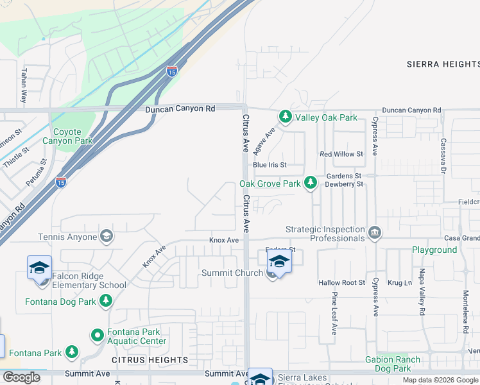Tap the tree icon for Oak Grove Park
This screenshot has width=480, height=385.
pyautogui.click(x=311, y=184)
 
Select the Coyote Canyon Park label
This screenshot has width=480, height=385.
pyautogui.click(x=67, y=136)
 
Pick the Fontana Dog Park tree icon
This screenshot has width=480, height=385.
pyautogui.click(x=106, y=301)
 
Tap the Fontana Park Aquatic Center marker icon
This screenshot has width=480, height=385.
pyautogui.click(x=97, y=335)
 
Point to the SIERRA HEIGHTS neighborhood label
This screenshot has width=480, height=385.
pyautogui.click(x=443, y=64)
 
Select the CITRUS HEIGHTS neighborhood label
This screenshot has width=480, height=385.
pyautogui.click(x=150, y=360)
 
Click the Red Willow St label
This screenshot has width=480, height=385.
pyautogui.click(x=341, y=154)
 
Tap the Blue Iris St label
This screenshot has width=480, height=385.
pyautogui.click(x=270, y=165)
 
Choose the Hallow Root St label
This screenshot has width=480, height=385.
pyautogui.click(x=341, y=282)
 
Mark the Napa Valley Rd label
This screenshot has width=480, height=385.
pyautogui.click(x=422, y=311)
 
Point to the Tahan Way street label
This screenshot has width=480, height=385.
pyautogui.click(x=24, y=86)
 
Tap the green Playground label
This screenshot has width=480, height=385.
pyautogui.click(x=434, y=250)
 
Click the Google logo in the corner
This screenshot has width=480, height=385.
pyautogui.click(x=21, y=377)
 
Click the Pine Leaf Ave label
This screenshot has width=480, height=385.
pyautogui.click(x=334, y=314)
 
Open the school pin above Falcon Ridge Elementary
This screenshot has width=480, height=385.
pyautogui.click(x=39, y=268)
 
